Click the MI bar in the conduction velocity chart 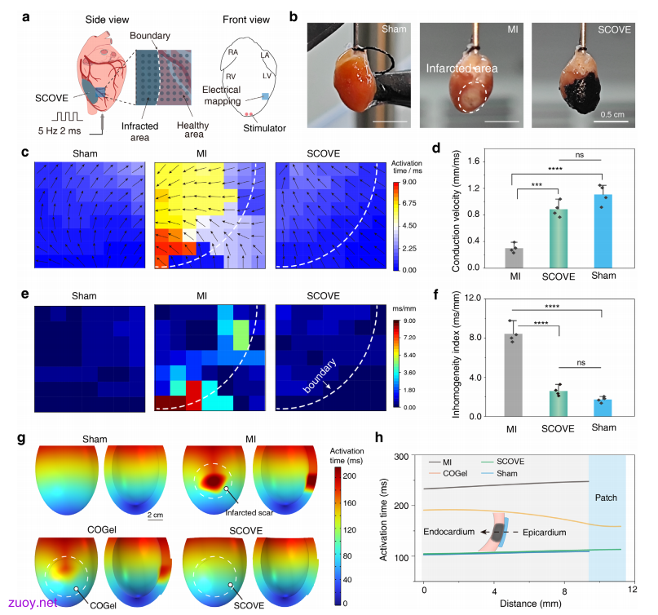click(x=514, y=258)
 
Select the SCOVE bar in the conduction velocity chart click(x=559, y=238)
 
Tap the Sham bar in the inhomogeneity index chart click(x=603, y=408)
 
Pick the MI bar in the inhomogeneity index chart click(x=513, y=375)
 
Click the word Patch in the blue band click(x=606, y=498)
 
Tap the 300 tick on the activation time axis click(x=401, y=456)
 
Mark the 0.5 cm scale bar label click(x=612, y=114)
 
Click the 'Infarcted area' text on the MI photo click(x=461, y=68)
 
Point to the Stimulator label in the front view click(x=264, y=128)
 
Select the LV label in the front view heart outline click(x=267, y=76)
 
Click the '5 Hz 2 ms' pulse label click(x=60, y=131)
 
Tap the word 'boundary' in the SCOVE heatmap click(x=320, y=376)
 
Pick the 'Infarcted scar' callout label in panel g click(x=249, y=512)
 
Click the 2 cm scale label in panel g click(x=155, y=515)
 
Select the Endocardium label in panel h click(x=448, y=532)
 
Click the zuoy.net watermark click(x=33, y=603)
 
